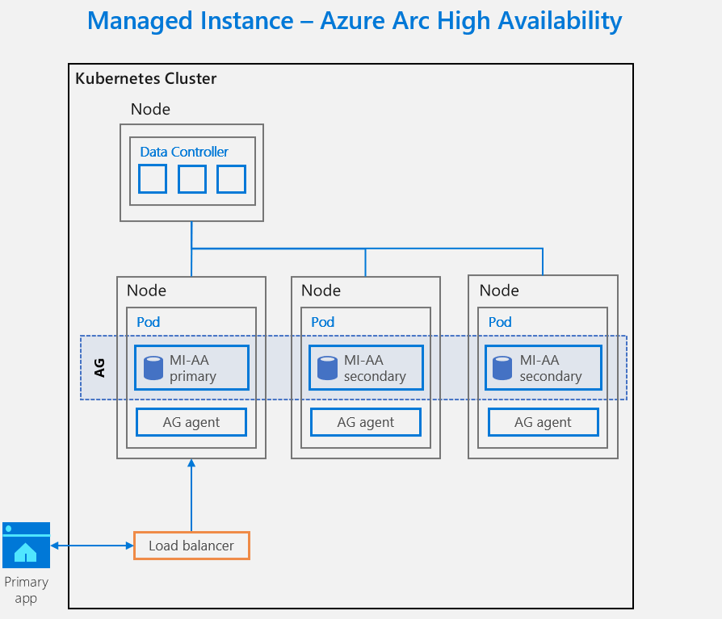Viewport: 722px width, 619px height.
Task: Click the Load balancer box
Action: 191,546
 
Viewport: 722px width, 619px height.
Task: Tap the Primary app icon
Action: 26,545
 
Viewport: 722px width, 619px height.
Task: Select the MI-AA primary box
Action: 191,368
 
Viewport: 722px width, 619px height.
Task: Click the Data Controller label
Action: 184,152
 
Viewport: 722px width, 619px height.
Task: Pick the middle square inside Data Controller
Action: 192,178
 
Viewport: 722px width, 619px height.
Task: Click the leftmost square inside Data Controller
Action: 153,178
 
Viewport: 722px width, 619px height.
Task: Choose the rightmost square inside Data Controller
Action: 231,178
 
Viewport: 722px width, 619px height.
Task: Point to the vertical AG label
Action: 99,368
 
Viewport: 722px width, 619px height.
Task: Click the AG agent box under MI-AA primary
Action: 191,421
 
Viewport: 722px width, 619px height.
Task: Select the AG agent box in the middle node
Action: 366,421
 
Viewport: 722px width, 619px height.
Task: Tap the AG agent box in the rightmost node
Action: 543,421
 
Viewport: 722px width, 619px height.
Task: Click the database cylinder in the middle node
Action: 326,368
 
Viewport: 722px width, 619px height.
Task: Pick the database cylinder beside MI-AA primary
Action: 153,368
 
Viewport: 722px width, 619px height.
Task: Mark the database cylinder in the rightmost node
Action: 502,368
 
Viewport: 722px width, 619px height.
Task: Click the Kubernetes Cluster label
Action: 145,78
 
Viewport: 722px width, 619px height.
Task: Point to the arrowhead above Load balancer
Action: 191,464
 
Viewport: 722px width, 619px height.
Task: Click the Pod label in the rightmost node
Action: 500,322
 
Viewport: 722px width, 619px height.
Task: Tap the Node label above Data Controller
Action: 150,109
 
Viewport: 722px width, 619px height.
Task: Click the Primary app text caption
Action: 26,590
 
